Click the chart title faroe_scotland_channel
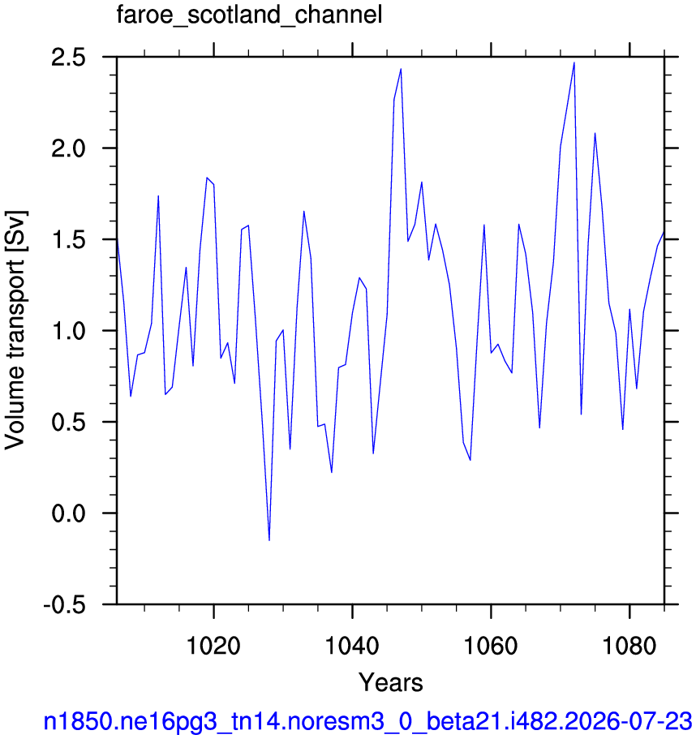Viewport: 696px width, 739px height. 249,15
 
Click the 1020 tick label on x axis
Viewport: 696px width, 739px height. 213,645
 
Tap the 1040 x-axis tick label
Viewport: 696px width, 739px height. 352,645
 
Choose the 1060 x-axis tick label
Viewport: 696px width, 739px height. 491,645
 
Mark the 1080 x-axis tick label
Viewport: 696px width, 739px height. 629,645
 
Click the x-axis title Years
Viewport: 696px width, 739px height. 391,682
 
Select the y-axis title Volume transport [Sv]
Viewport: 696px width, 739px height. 15,330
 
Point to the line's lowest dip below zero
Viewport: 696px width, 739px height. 269,540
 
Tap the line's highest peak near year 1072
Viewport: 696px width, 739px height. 574,62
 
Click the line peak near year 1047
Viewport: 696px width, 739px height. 401,69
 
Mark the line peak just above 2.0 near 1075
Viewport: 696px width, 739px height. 595,133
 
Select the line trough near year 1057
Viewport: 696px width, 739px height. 470,459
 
